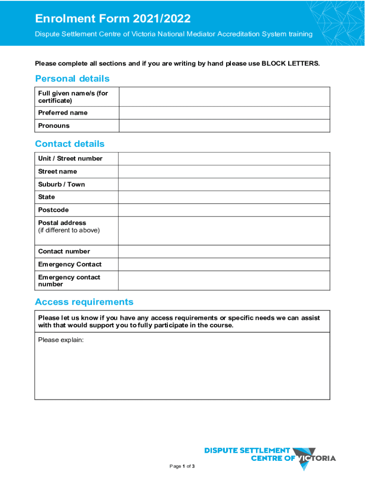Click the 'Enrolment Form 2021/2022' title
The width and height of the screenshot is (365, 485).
click(x=113, y=19)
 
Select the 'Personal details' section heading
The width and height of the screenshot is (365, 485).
click(x=72, y=79)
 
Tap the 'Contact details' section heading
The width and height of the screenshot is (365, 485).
click(x=70, y=144)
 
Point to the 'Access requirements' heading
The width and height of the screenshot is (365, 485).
click(x=84, y=302)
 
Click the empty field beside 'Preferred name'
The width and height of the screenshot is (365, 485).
click(x=224, y=113)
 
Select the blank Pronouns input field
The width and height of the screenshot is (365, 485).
click(x=224, y=126)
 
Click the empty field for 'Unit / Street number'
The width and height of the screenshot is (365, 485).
click(x=224, y=159)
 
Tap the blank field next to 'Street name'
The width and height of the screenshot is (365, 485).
click(x=224, y=171)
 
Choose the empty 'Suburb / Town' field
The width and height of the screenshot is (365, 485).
click(x=224, y=184)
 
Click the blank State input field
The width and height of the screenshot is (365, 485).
click(x=224, y=197)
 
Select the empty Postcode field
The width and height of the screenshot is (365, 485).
click(x=224, y=210)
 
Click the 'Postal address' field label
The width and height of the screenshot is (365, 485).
click(x=62, y=223)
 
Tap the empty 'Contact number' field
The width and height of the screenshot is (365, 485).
click(x=224, y=251)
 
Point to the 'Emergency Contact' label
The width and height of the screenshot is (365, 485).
click(x=70, y=264)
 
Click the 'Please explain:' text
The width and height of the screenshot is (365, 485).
click(x=61, y=340)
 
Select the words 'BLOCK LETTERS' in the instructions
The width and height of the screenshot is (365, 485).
click(x=290, y=63)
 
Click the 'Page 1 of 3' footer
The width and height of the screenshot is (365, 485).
click(x=182, y=467)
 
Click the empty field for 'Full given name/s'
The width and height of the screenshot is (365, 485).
click(x=224, y=97)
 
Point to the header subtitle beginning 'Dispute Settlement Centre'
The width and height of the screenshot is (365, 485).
click(x=173, y=34)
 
